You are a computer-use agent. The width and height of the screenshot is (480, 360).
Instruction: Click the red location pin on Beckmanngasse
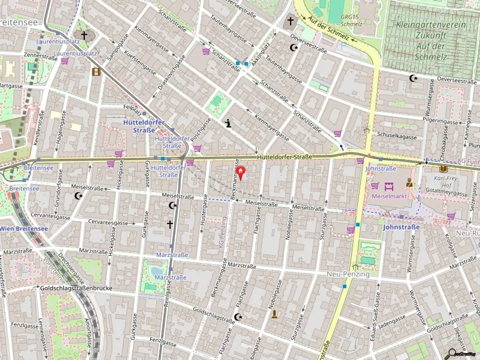point(240,172)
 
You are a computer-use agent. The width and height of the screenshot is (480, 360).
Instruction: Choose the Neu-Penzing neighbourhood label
point(348,274)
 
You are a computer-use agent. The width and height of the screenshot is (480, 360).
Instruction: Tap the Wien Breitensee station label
point(24,229)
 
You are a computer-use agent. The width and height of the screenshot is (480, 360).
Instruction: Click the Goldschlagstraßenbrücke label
point(76,288)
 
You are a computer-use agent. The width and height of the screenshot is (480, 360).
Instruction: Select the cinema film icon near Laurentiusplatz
point(97,72)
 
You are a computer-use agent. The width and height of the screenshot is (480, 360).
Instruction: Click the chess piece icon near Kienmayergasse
point(228,124)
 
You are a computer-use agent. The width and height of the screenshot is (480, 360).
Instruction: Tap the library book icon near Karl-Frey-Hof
point(443,169)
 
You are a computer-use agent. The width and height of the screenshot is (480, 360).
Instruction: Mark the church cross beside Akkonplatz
point(291,21)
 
